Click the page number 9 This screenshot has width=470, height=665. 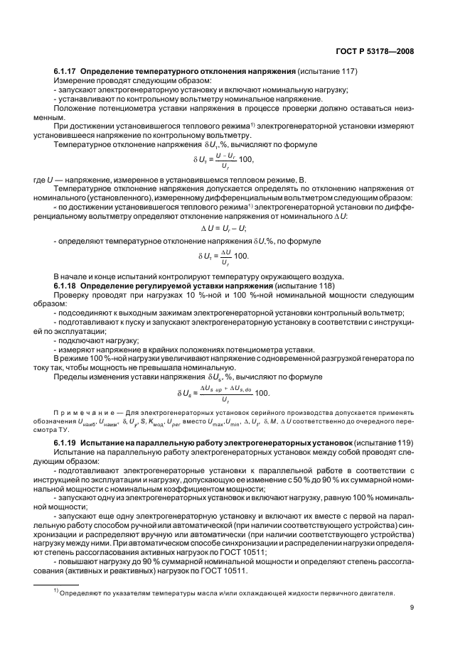click(x=412, y=606)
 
